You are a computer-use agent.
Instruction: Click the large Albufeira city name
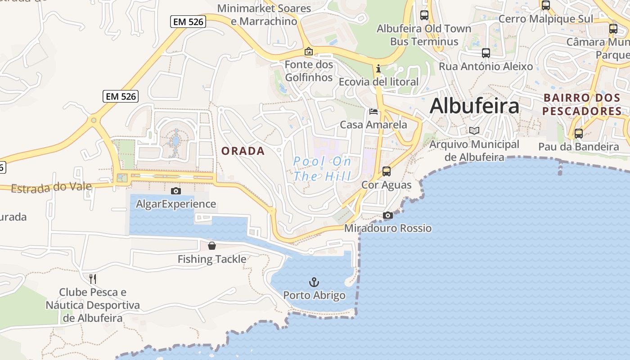tap(474, 106)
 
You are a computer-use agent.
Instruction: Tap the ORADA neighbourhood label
tap(243, 151)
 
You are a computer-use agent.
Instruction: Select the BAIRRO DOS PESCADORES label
tap(582, 104)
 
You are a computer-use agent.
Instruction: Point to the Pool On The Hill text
tap(322, 169)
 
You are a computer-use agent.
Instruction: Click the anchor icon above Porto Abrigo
tap(314, 282)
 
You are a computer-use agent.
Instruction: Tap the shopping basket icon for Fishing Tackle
tap(212, 246)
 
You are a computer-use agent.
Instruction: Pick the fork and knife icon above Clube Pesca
tap(93, 279)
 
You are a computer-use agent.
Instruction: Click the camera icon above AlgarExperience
tap(176, 191)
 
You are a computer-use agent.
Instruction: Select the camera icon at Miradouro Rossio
tap(387, 216)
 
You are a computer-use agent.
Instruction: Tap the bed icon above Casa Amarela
tap(373, 111)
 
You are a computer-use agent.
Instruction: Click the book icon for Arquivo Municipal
tap(474, 131)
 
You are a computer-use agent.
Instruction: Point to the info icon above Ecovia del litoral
tap(378, 69)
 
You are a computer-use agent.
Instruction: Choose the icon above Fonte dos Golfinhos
tap(309, 51)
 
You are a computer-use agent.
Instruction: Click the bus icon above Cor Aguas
tap(386, 171)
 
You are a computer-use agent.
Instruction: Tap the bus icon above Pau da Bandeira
tap(579, 133)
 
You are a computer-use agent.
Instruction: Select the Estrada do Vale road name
tap(51, 187)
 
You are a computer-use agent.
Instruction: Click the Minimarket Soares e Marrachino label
tap(264, 15)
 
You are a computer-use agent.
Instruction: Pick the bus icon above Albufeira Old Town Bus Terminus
tap(424, 15)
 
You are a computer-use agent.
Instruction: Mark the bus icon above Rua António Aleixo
tap(486, 53)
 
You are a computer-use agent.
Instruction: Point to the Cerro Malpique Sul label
tap(546, 19)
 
